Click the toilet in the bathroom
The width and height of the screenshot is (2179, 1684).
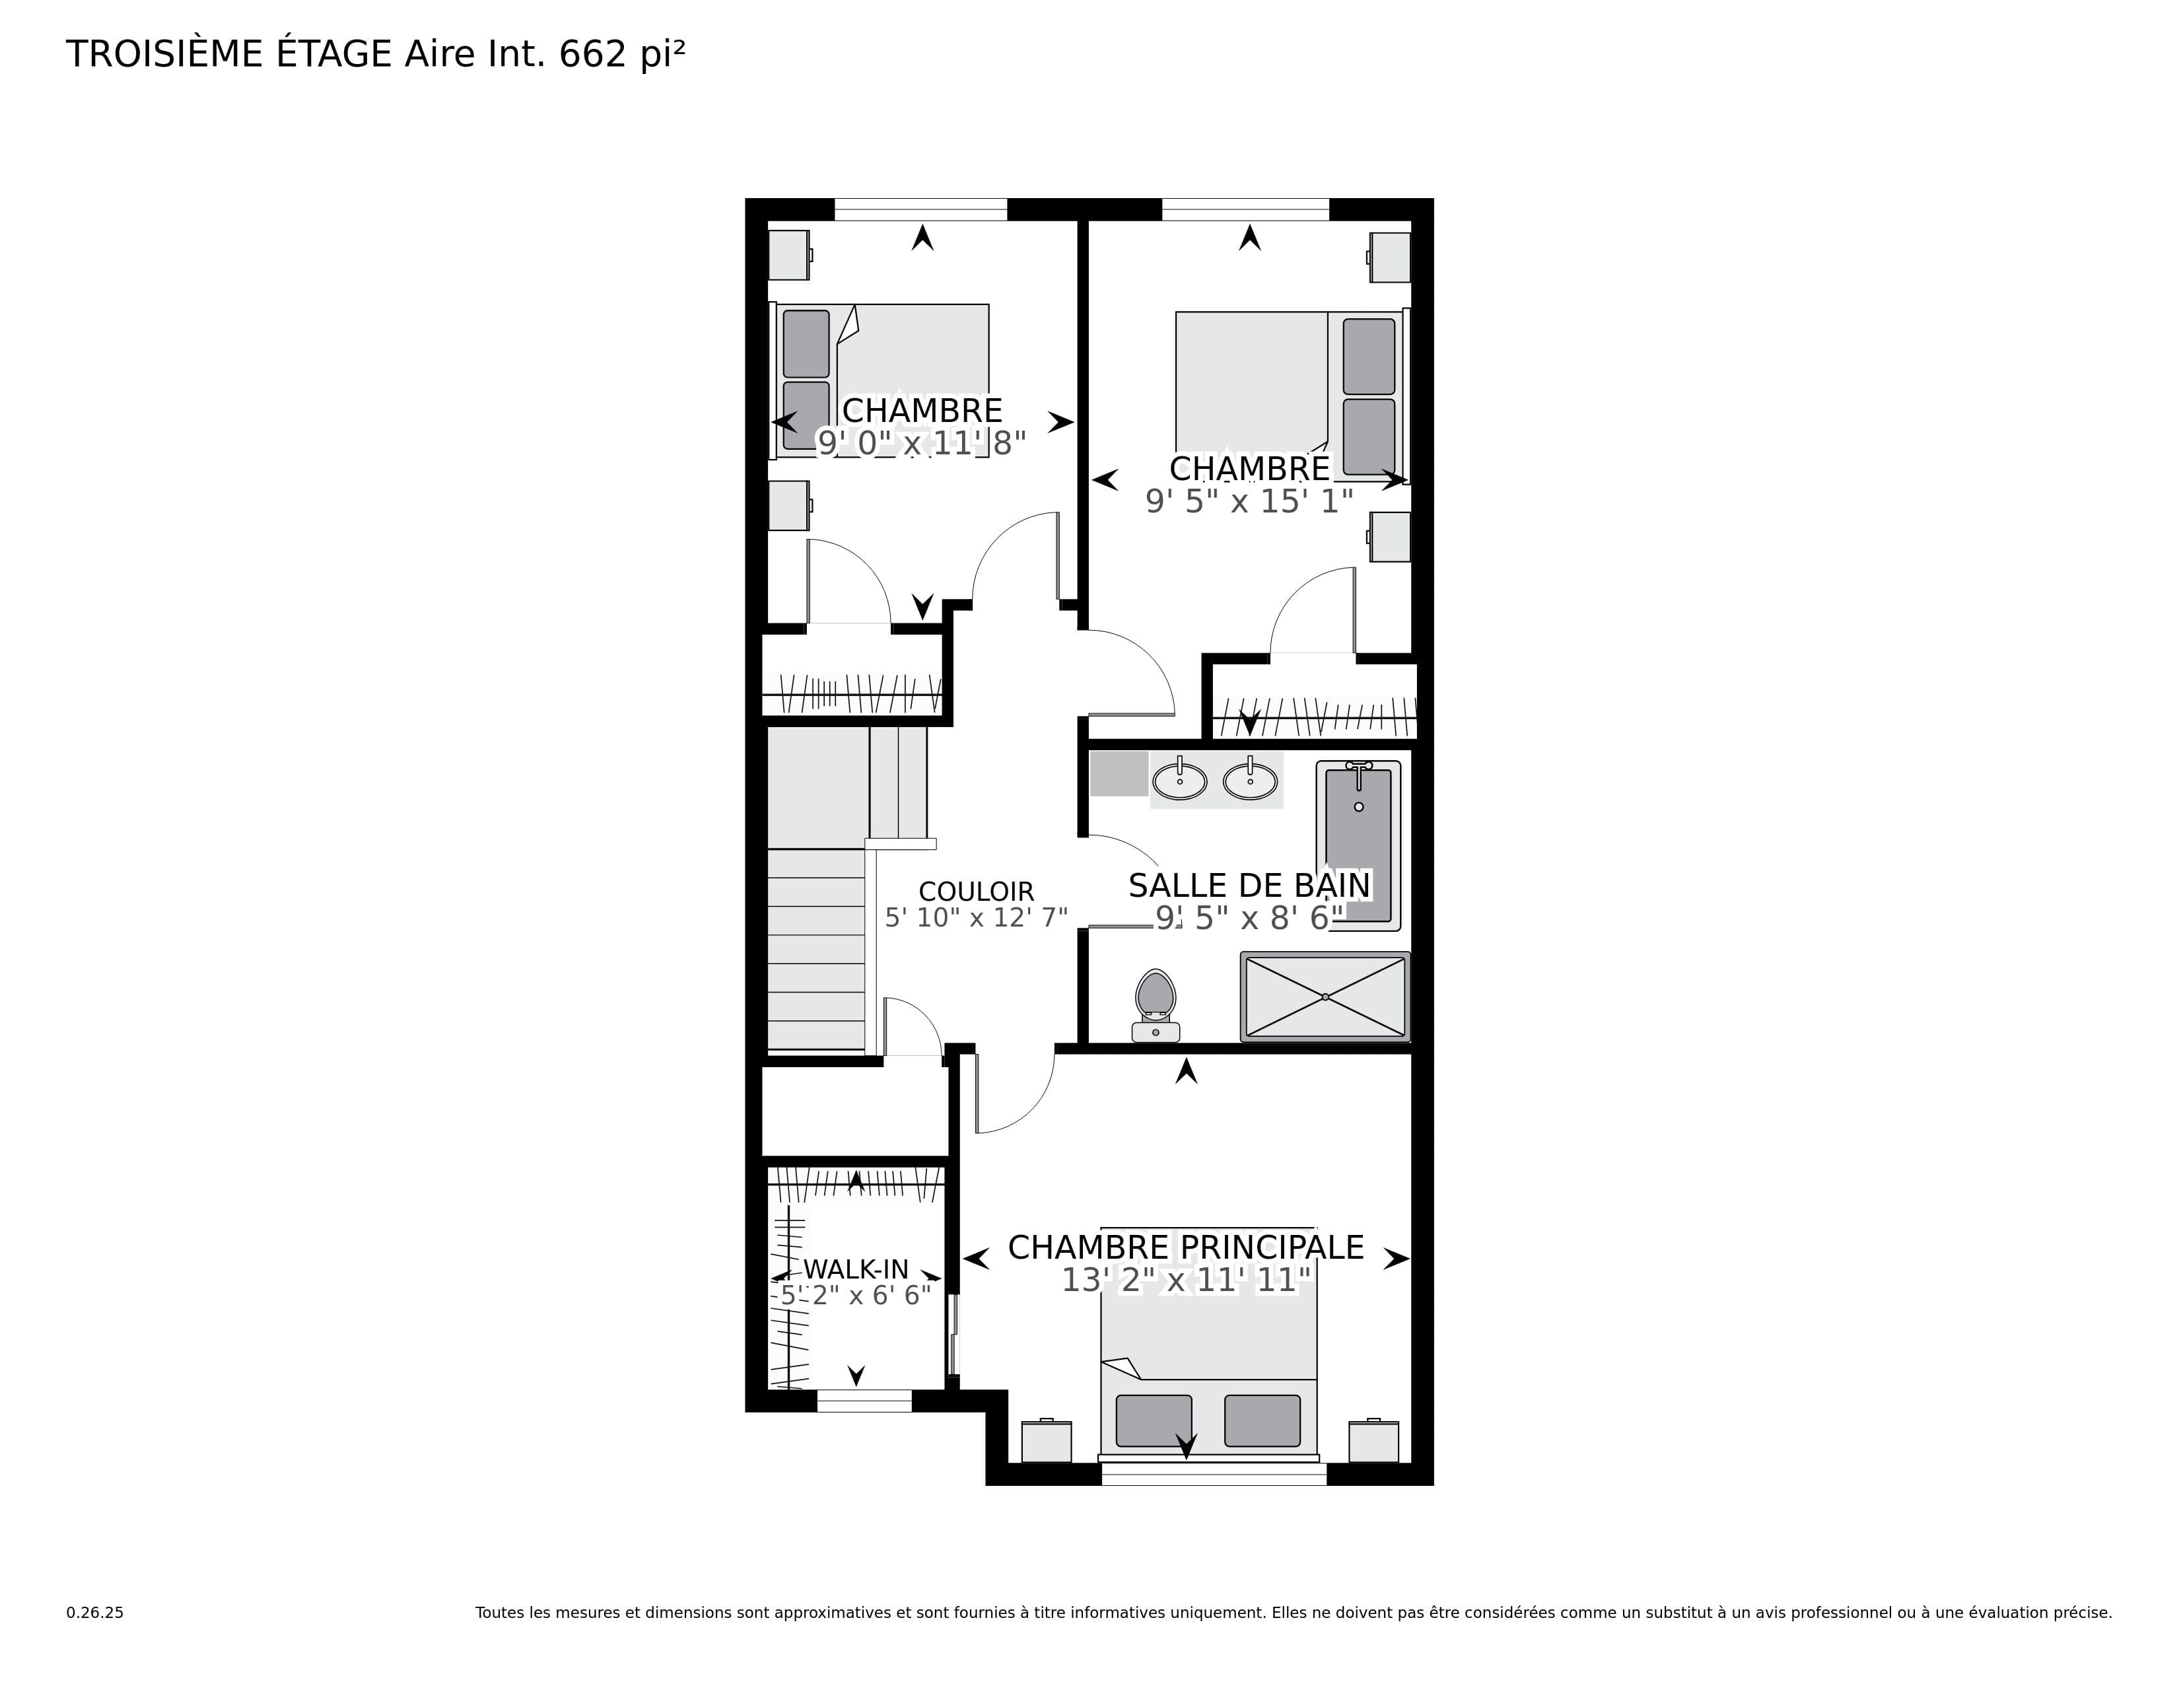[x=1156, y=1004]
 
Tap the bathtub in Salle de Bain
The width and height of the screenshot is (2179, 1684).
[x=1358, y=845]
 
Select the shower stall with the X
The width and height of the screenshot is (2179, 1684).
[x=1325, y=997]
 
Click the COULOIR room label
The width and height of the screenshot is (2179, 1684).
[x=976, y=891]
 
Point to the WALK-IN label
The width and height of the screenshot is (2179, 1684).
[x=856, y=1269]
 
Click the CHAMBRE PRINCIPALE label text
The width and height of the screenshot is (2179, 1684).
[x=1185, y=1247]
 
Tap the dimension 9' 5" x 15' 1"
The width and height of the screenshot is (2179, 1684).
[x=1249, y=501]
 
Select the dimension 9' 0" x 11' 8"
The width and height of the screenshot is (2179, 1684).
[x=922, y=443]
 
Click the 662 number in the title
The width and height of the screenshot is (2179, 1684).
[x=593, y=55]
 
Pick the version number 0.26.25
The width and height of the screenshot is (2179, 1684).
[x=95, y=1612]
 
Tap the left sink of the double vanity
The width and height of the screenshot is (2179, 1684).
[x=1179, y=780]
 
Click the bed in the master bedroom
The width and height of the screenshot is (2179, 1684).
[x=1209, y=1343]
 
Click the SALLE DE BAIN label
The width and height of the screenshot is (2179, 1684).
[x=1249, y=885]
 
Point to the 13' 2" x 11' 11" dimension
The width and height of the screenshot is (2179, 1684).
[x=1185, y=1279]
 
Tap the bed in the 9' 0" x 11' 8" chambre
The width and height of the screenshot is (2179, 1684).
[x=880, y=380]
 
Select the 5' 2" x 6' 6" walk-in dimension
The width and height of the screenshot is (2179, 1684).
[x=856, y=1295]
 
